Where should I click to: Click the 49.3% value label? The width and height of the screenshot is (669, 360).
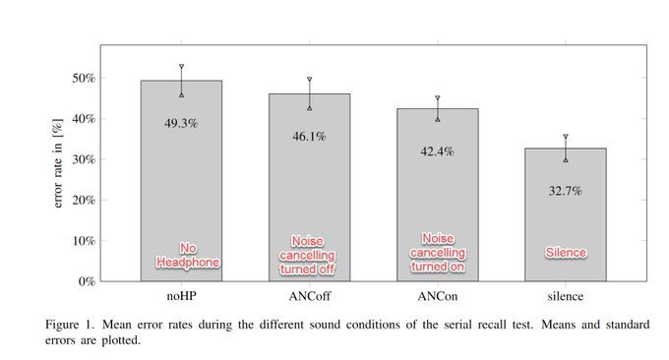181,124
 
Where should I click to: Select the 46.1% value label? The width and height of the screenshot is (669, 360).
309,137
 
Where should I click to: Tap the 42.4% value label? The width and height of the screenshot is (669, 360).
438,151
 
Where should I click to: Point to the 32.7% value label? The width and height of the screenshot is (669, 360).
566,191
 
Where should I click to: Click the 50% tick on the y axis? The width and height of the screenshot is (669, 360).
84,78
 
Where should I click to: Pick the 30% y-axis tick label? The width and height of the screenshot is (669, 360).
84,159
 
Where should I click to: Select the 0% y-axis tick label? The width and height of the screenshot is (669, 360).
87,281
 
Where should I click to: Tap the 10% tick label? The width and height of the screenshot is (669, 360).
84,241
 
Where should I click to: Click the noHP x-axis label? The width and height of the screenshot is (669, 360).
181,296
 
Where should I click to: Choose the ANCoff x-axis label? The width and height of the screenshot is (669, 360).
309,296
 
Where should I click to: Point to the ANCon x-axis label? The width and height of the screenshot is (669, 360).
438,296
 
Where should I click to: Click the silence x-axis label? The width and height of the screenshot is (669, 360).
566,296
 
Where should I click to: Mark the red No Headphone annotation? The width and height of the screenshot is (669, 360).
188,255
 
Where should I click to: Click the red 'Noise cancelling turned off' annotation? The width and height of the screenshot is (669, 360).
307,255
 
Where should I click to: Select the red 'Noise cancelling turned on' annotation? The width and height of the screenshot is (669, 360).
438,253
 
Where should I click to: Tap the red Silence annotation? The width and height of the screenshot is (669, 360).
566,253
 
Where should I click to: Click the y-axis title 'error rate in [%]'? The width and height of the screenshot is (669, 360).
58,163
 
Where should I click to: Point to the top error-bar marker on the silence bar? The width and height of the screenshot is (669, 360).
566,137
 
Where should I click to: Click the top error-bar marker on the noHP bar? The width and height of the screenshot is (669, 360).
181,67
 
